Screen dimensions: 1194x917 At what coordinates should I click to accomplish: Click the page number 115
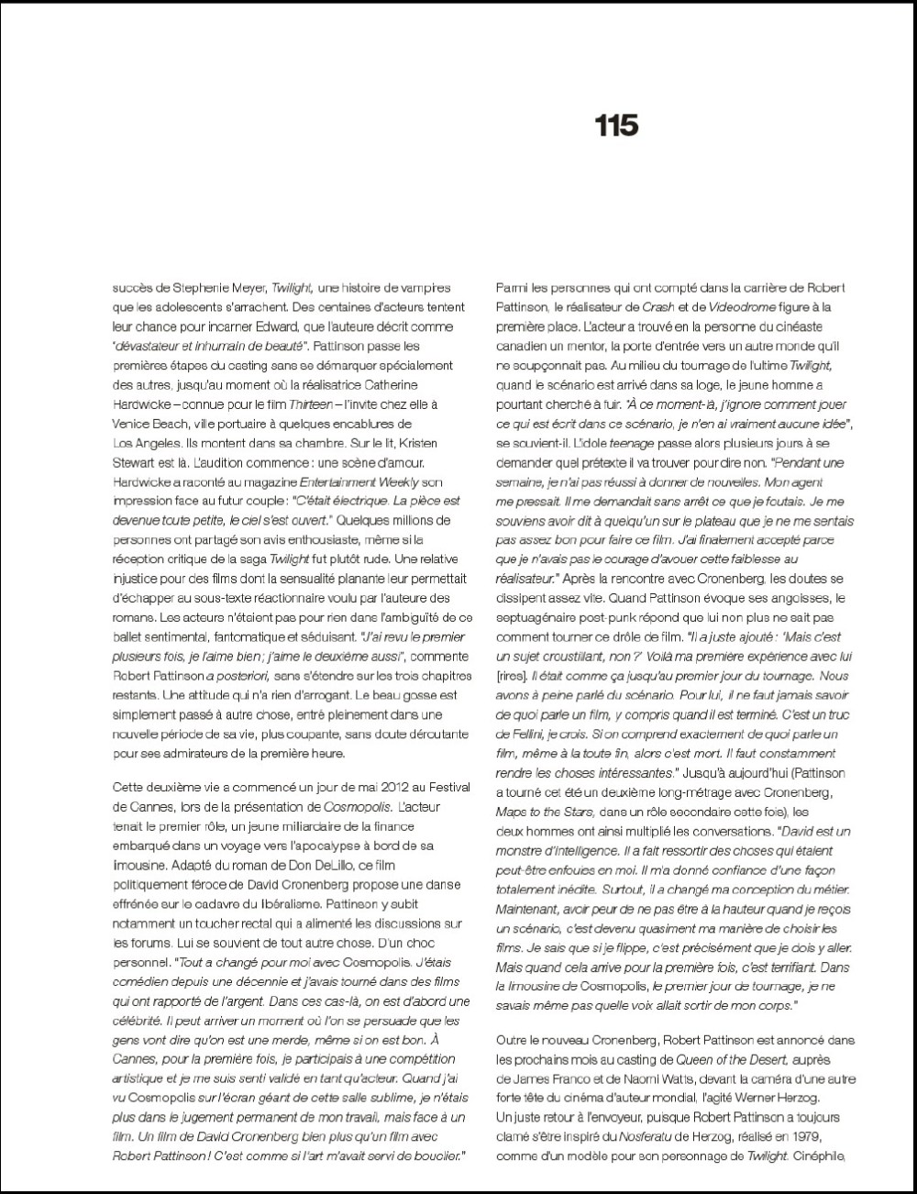point(616,125)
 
